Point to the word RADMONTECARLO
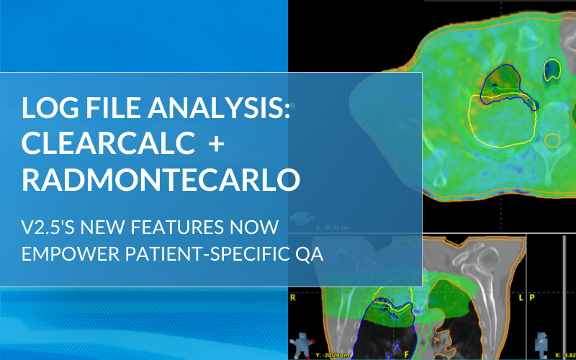[x=161, y=179]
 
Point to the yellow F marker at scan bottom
[x=407, y=355]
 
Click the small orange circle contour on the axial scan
[x=552, y=140]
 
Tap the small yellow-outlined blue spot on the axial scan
[x=552, y=69]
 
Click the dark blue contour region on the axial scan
[x=505, y=83]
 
